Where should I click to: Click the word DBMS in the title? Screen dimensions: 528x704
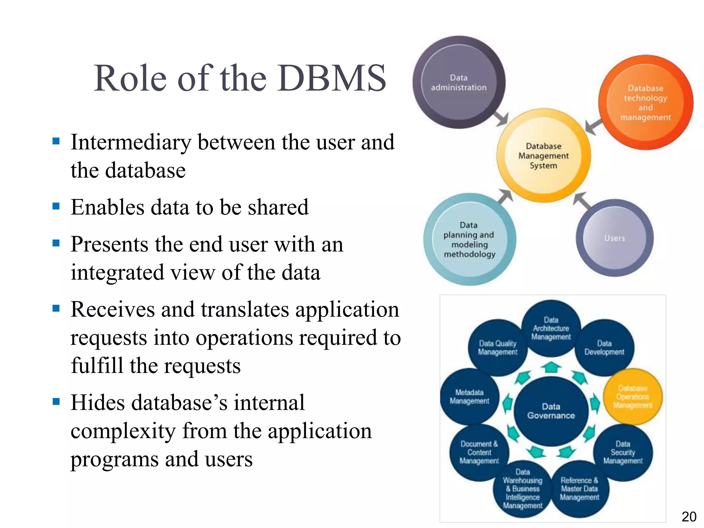point(332,78)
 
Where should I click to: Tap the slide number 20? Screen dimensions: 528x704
point(689,517)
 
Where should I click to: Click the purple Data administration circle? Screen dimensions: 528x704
point(459,82)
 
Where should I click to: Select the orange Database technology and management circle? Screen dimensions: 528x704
point(646,102)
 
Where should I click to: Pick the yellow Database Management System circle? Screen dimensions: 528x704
point(543,156)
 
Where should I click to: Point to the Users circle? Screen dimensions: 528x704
point(615,238)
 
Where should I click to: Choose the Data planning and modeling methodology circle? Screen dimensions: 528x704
point(470,240)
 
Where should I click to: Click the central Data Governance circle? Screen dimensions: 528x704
point(551,411)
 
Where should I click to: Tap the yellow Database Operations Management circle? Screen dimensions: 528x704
point(633,397)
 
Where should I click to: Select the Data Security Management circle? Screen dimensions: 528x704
point(623,452)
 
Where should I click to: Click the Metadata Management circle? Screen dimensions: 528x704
point(469,397)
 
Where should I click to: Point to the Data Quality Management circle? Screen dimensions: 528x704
point(497,348)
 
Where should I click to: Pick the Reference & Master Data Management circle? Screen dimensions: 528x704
point(580,489)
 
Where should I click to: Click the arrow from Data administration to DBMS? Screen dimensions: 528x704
point(501,118)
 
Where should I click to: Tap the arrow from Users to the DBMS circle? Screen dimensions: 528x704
point(582,200)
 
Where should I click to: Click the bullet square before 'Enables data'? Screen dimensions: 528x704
point(56,206)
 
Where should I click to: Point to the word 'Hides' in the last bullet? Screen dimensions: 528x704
point(98,403)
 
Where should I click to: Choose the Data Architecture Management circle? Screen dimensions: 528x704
point(551,328)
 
